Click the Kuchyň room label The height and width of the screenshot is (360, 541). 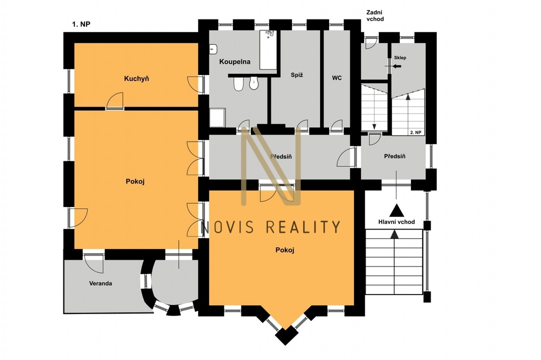[x=137, y=79]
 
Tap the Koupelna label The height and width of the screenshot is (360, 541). [x=235, y=62]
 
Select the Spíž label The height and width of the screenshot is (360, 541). [x=297, y=75]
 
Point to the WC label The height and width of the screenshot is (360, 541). [x=337, y=78]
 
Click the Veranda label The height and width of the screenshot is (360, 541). [x=100, y=283]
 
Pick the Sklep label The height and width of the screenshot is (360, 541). [x=400, y=58]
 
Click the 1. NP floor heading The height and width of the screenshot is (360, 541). [x=81, y=24]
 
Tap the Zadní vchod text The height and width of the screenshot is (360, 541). [x=375, y=16]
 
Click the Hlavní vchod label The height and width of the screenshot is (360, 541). [x=396, y=222]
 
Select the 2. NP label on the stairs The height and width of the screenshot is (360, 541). [x=415, y=132]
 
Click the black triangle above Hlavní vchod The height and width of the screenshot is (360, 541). [x=396, y=210]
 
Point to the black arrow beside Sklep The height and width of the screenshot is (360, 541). [x=397, y=66]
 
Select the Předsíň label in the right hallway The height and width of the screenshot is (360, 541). [x=395, y=156]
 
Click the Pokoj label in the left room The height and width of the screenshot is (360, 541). [x=135, y=182]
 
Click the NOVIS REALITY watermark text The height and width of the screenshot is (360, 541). [x=271, y=227]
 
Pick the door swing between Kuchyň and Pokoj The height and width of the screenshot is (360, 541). [x=115, y=100]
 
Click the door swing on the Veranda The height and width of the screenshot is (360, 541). [x=94, y=263]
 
